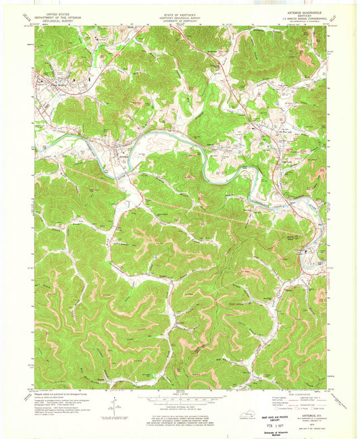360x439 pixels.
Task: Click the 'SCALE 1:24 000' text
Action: [x=180, y=392]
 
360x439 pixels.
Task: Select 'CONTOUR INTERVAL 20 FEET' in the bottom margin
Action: [x=180, y=405]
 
